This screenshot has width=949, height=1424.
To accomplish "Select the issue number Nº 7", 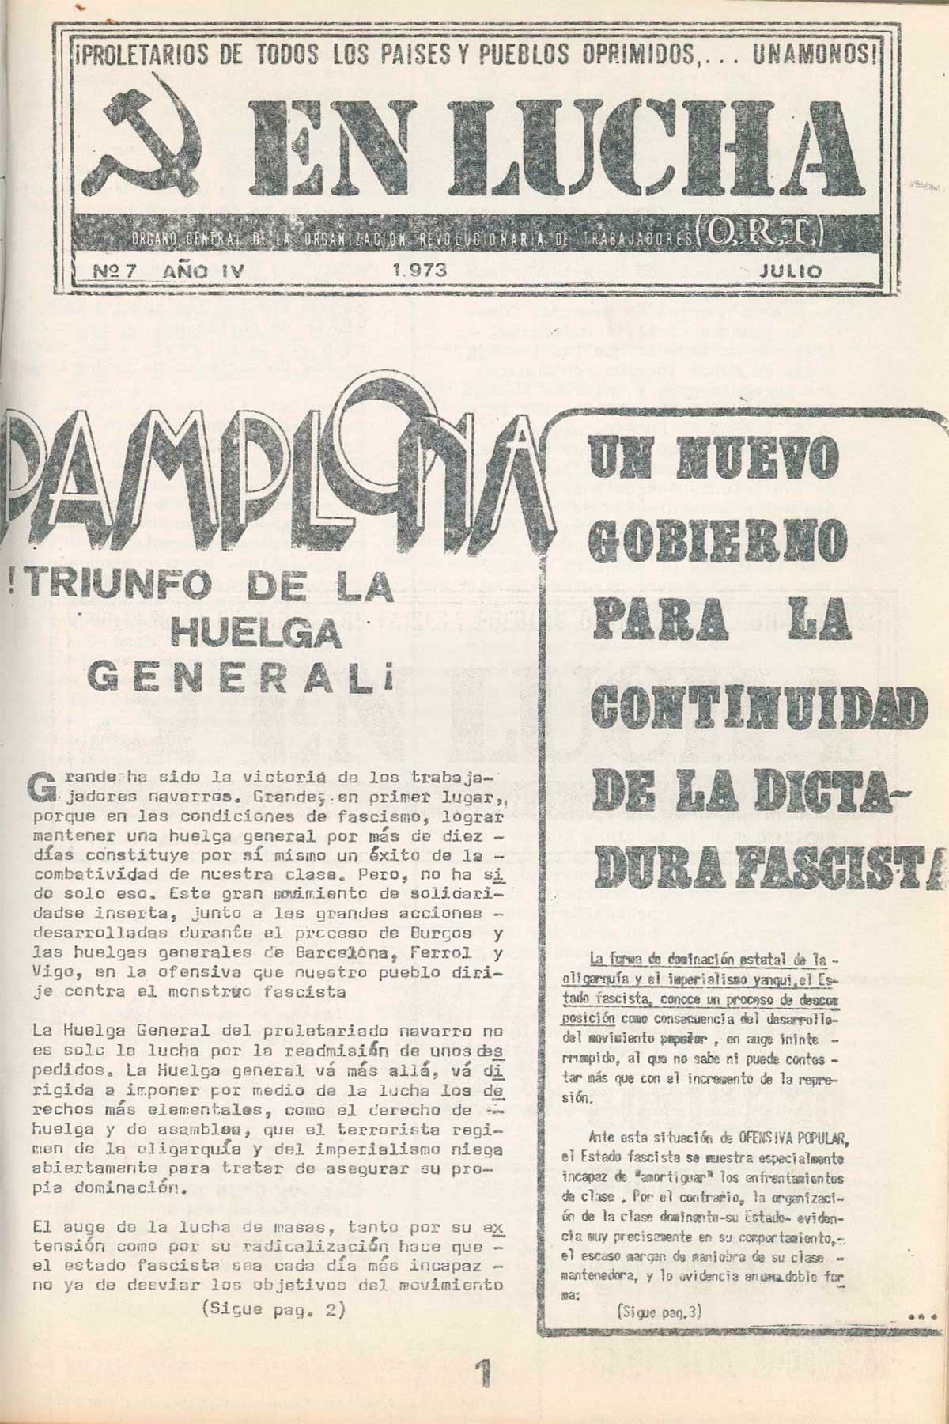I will [116, 270].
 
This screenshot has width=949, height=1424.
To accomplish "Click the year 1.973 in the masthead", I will [418, 270].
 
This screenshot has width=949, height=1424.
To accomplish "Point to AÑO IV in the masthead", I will [201, 270].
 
